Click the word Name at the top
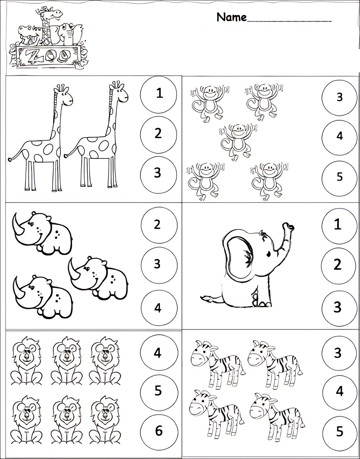click(x=231, y=17)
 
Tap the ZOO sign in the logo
click(x=48, y=55)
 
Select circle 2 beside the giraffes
click(x=158, y=134)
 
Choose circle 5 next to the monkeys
click(x=339, y=177)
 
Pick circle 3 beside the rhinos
click(x=158, y=264)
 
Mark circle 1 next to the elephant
click(x=338, y=225)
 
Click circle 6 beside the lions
click(x=158, y=431)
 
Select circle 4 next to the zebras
click(x=339, y=391)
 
